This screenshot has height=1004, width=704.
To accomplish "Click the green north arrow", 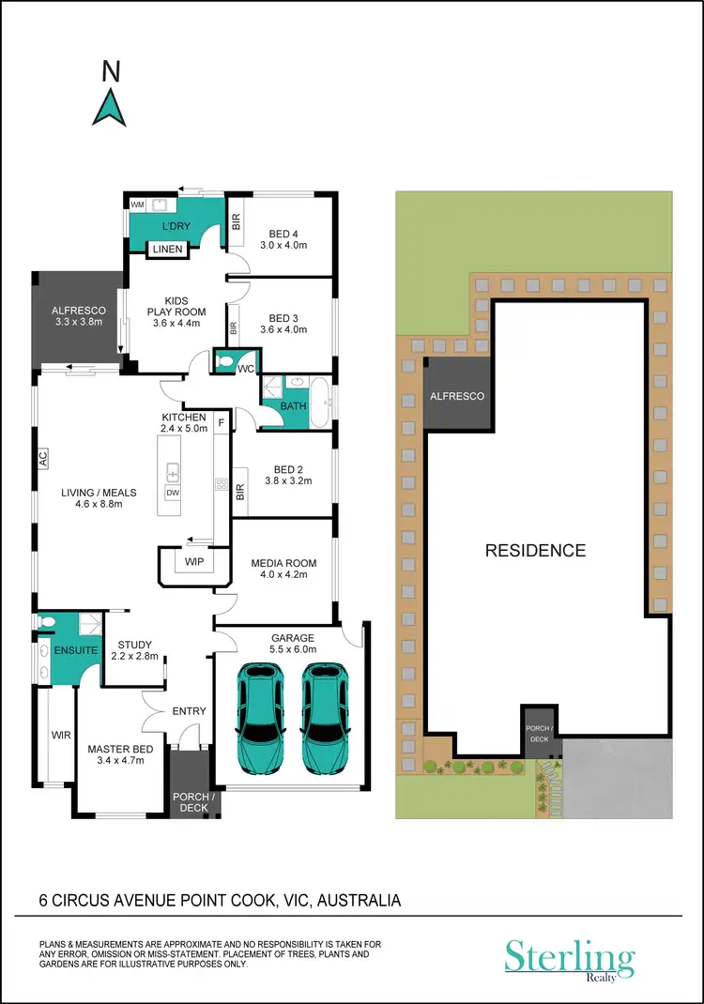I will click(x=110, y=106).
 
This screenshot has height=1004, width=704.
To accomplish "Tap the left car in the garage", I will click(x=261, y=719).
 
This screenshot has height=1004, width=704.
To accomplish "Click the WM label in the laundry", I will click(x=136, y=204).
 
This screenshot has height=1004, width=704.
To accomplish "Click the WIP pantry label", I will click(x=194, y=561).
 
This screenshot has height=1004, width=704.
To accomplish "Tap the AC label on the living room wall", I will click(x=42, y=459).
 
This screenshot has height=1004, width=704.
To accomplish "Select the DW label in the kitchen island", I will click(x=172, y=493).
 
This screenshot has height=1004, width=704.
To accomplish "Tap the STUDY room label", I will click(x=134, y=645).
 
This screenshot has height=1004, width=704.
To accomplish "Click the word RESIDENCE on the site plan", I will click(x=535, y=551).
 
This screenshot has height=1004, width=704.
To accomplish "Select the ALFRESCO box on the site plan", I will click(x=457, y=396).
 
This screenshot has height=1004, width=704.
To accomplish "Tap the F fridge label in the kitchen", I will click(x=222, y=423).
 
